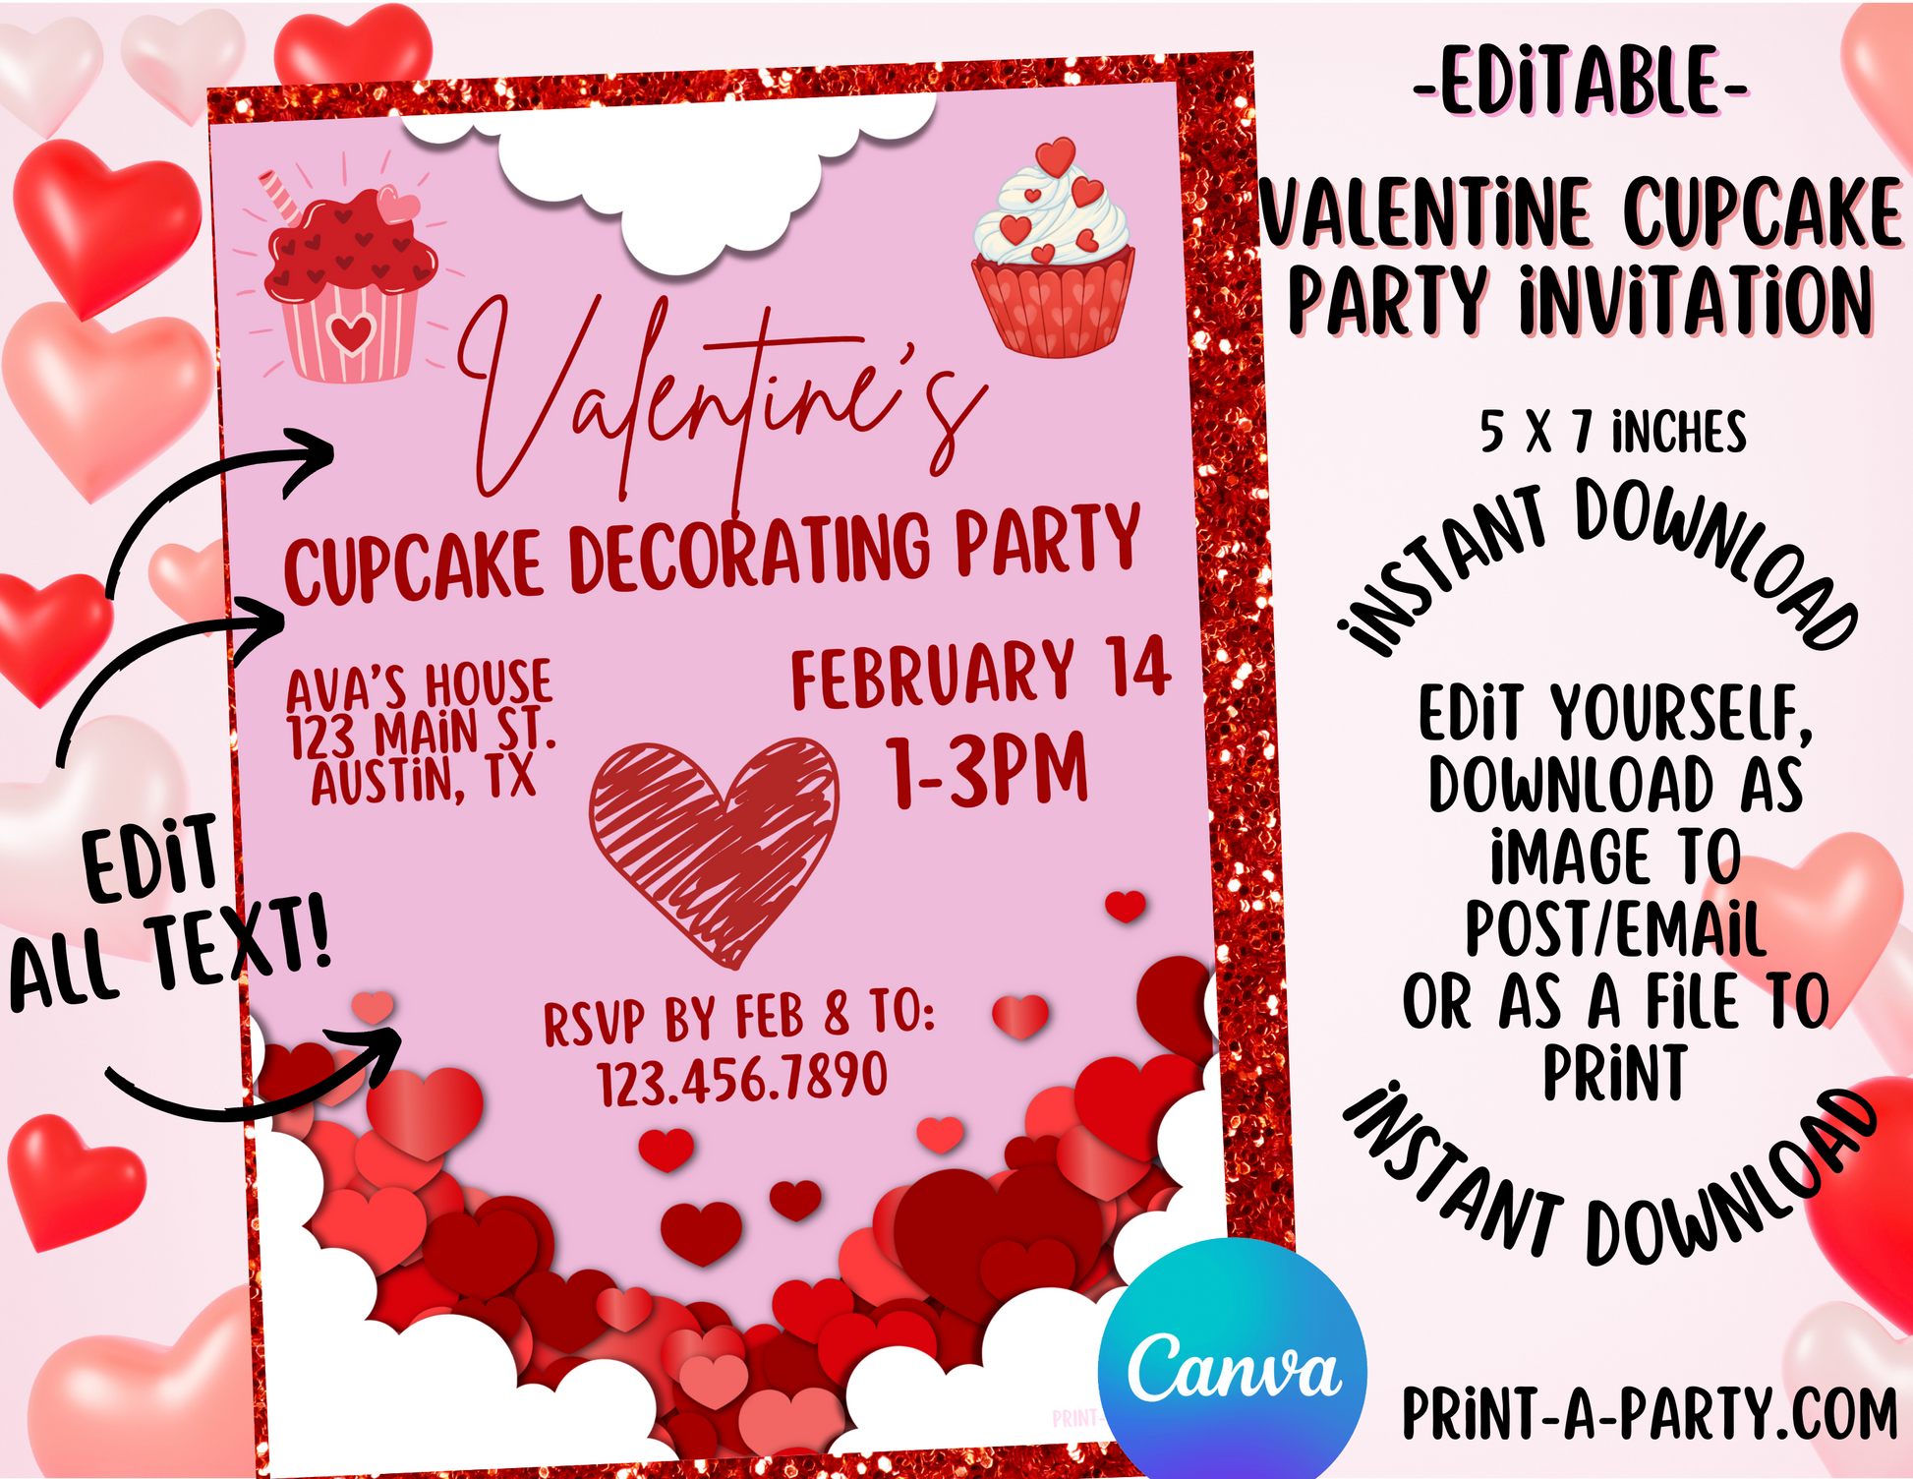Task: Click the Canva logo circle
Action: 1232,1362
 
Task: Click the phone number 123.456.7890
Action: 743,1078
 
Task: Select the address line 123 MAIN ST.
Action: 422,734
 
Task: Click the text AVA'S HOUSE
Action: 420,684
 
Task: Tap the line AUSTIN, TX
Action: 424,780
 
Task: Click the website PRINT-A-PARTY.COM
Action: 1650,1414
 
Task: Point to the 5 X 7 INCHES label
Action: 1613,432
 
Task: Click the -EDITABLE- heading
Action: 1582,82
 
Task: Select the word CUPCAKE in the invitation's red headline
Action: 414,565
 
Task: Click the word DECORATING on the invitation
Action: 750,551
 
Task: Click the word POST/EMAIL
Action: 1615,928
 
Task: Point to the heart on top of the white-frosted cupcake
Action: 1056,156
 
